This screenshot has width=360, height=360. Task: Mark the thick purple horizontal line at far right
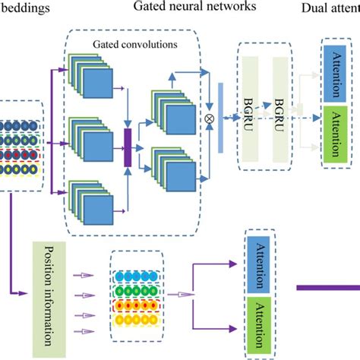click(327, 286)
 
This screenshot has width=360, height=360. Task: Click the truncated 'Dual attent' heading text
click(329, 9)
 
